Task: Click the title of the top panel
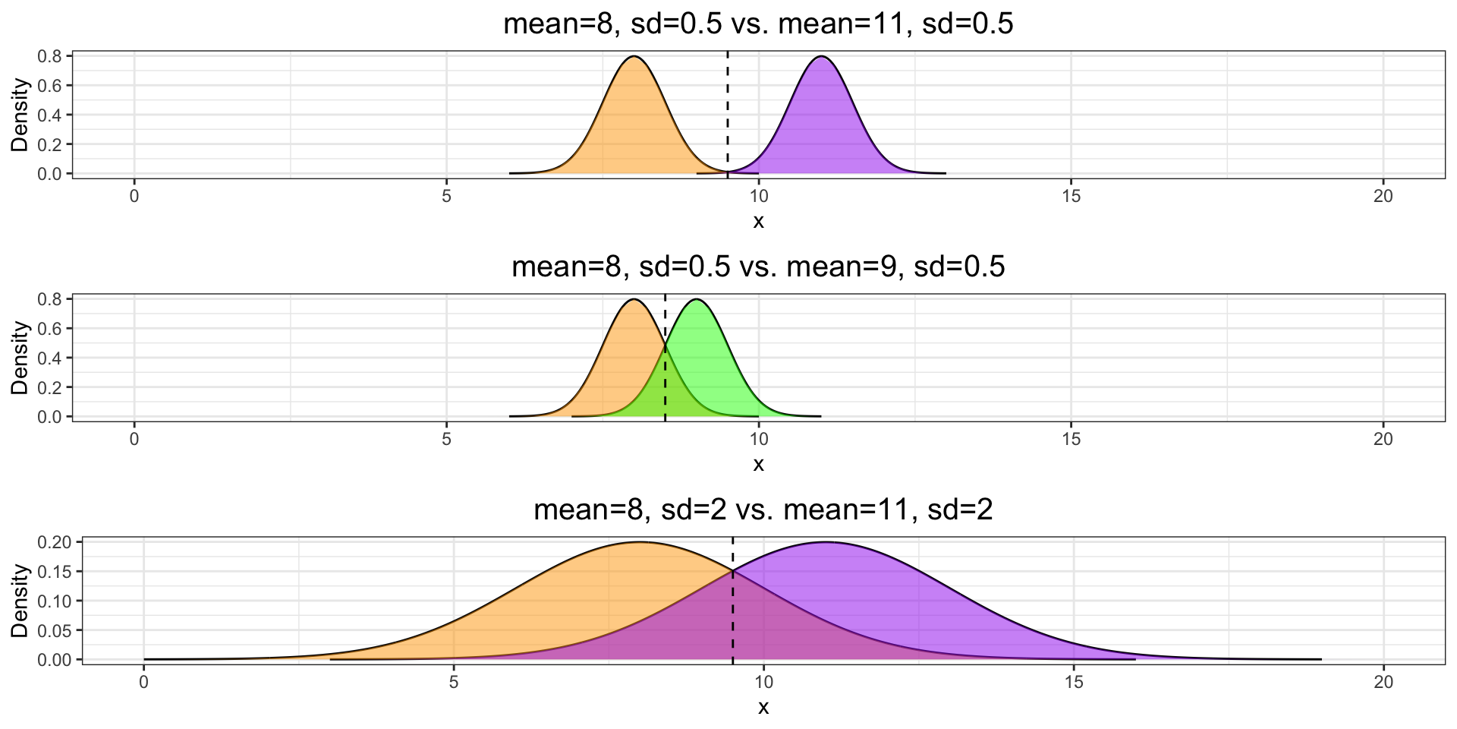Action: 758,24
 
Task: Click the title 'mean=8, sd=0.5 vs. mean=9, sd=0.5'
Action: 758,267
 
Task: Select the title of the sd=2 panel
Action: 763,510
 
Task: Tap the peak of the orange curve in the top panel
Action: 634,57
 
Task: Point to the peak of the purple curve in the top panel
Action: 821,57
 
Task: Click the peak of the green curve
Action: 696,300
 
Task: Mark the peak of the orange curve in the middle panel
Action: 634,300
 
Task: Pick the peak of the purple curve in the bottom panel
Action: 826,542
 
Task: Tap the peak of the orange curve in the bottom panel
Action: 640,542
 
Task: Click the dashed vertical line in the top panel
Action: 728,114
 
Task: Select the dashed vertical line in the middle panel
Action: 665,357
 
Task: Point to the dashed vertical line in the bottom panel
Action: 733,600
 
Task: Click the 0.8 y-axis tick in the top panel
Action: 52,56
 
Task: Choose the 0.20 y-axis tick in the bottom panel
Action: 56,542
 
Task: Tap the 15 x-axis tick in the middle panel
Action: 1071,439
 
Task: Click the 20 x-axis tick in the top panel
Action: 1383,196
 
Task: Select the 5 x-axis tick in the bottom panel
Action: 454,682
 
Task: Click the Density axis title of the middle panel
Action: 20,357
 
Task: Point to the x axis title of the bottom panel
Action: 763,707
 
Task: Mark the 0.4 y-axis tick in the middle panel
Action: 52,358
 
